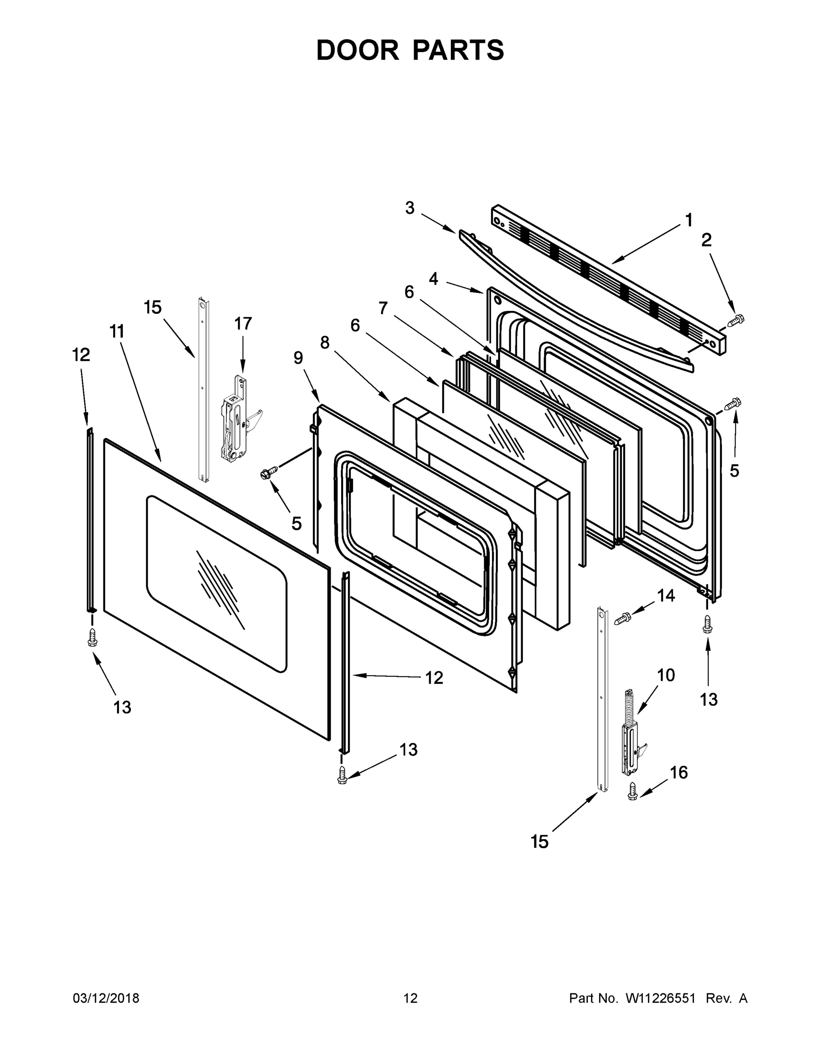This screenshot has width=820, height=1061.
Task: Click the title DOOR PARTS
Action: click(410, 50)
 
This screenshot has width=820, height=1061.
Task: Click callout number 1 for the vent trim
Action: click(688, 221)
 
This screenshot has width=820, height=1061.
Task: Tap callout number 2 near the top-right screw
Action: click(706, 240)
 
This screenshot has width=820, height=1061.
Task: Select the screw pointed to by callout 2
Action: click(736, 320)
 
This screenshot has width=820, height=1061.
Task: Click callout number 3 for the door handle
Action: click(410, 208)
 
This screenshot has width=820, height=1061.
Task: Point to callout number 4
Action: click(433, 279)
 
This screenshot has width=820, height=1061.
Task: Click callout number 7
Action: click(383, 308)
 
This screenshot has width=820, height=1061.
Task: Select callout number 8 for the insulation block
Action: click(325, 343)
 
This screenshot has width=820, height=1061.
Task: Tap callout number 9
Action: click(298, 358)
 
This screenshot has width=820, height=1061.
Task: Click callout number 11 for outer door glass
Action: click(117, 332)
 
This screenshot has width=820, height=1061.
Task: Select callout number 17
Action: click(243, 323)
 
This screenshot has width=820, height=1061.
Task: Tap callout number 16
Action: click(679, 772)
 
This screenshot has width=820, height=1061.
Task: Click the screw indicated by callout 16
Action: click(633, 790)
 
